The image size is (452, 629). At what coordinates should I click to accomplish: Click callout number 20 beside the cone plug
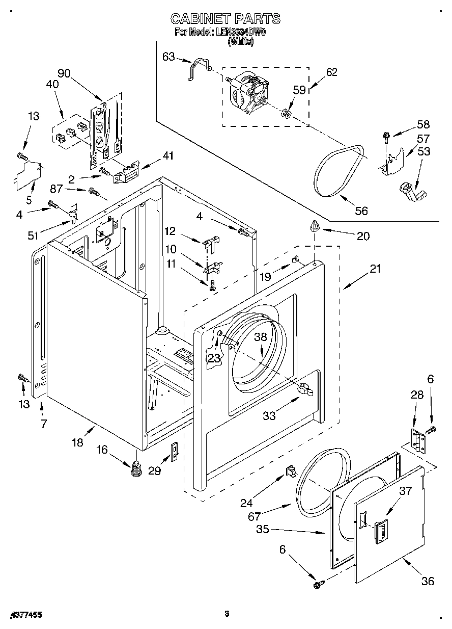(363, 235)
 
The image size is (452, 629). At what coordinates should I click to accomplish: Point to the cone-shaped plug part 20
(315, 225)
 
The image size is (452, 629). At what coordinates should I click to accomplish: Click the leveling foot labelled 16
(136, 468)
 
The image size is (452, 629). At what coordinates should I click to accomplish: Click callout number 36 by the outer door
(428, 581)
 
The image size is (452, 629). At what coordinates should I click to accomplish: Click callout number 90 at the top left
(64, 73)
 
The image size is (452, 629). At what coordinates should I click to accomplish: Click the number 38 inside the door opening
(261, 337)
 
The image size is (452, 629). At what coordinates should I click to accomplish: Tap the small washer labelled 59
(286, 113)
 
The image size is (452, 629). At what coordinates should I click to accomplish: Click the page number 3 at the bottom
(227, 614)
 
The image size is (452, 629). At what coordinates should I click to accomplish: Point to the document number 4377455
(25, 615)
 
